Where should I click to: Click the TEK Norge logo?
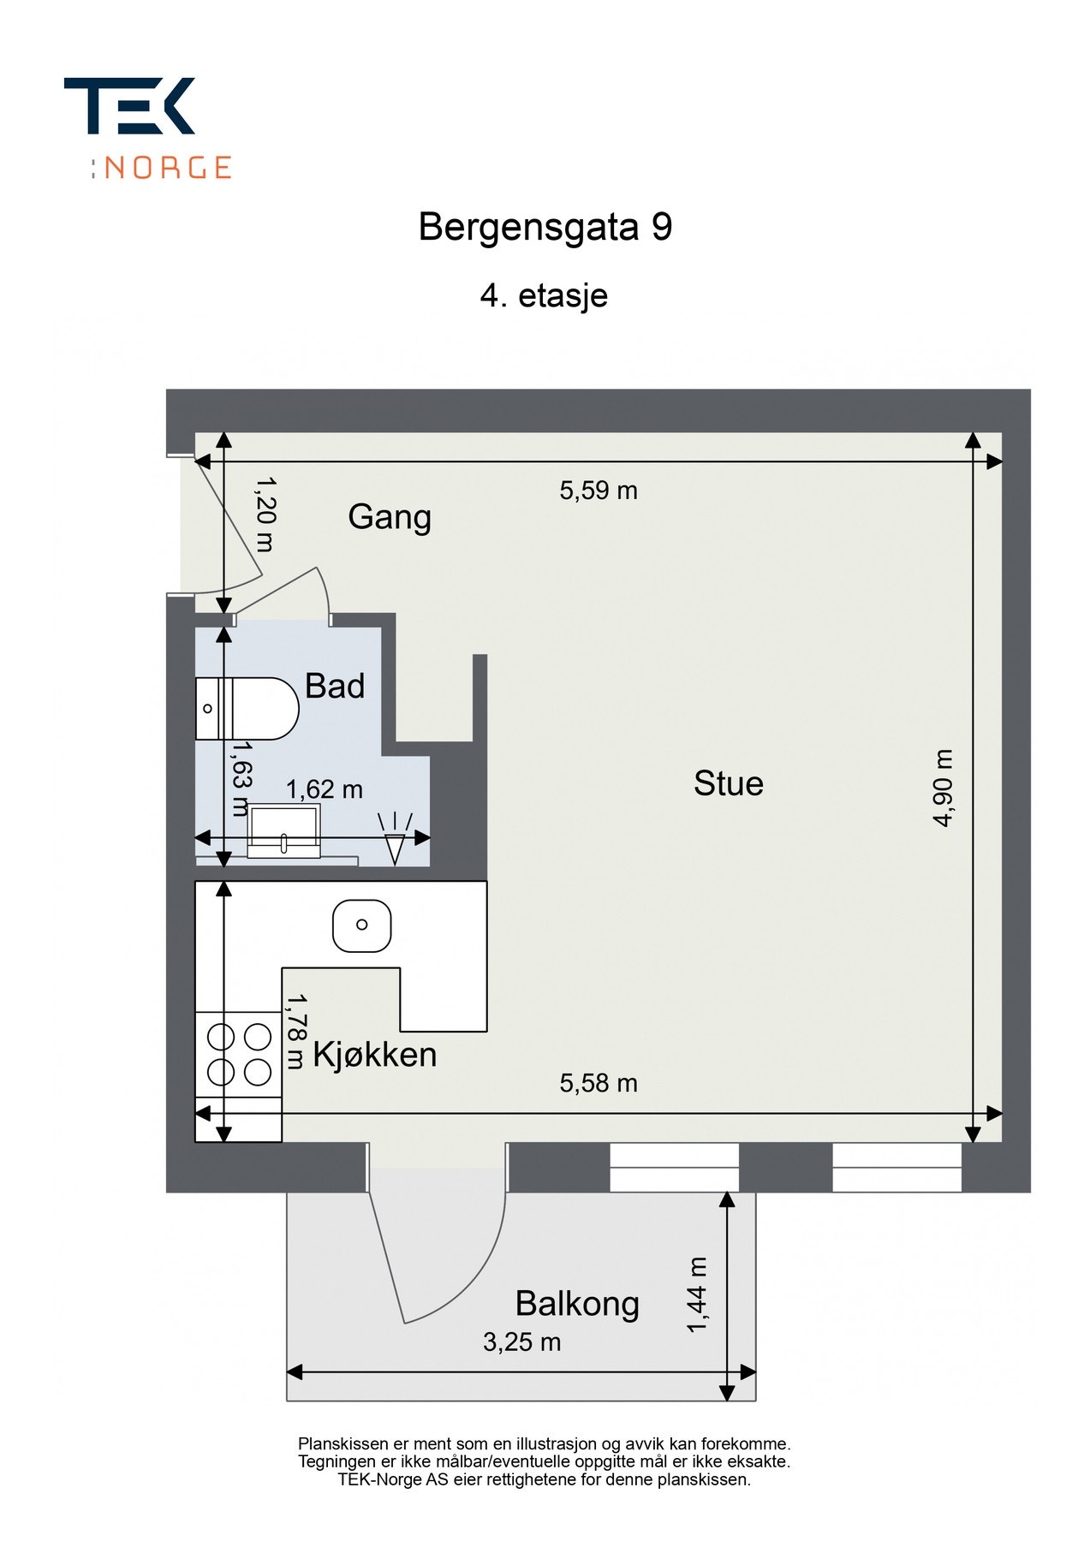[147, 127]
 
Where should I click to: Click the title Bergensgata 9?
[545, 228]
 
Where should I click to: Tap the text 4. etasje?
[544, 296]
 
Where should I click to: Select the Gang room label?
[389, 517]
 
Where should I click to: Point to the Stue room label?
[728, 783]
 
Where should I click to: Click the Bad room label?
[335, 686]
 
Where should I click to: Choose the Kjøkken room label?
[374, 1055]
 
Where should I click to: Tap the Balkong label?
[577, 1304]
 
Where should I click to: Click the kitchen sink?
[361, 925]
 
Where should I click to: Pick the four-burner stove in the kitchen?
[239, 1054]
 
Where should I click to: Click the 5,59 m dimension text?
[599, 491]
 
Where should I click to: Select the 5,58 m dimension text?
[599, 1084]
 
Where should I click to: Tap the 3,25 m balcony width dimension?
[521, 1342]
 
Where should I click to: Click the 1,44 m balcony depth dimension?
[697, 1294]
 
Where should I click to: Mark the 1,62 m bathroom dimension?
[324, 789]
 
